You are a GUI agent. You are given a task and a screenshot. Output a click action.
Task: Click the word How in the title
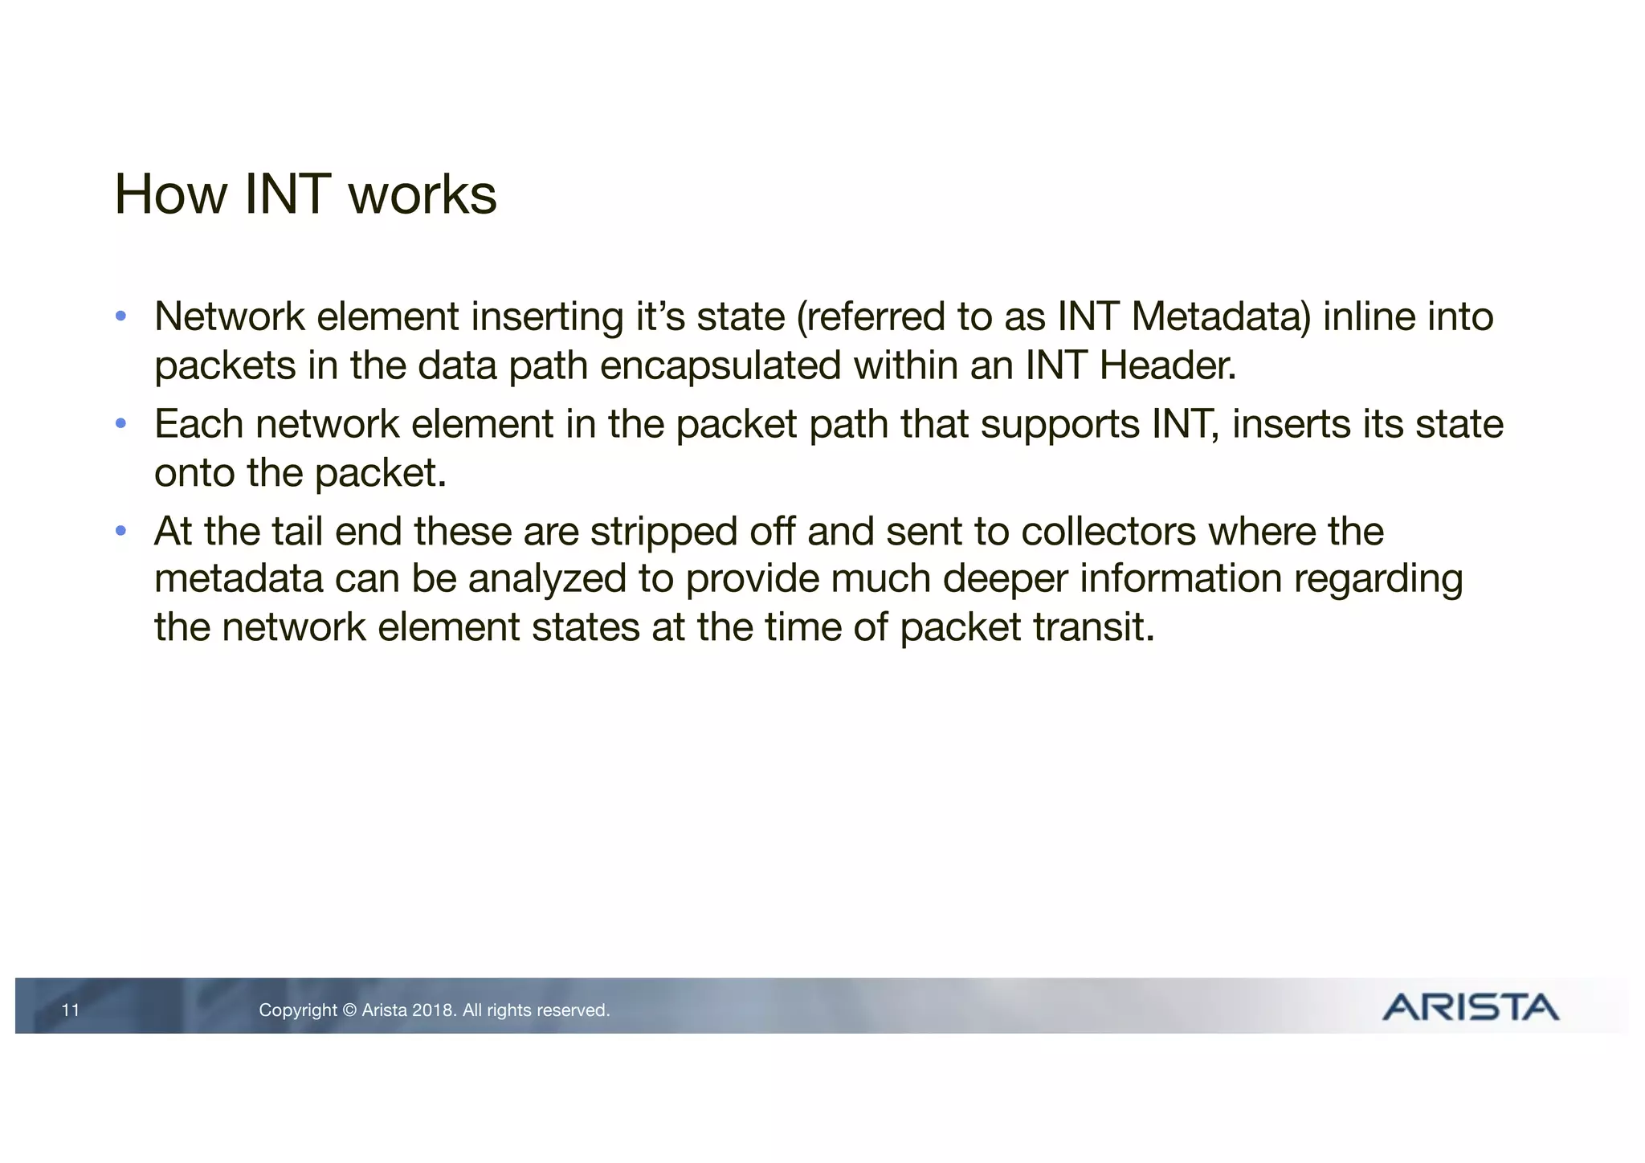pyautogui.click(x=171, y=194)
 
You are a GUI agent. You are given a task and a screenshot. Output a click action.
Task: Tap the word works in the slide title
pyautogui.click(x=422, y=194)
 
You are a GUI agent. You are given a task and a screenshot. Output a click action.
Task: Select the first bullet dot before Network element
pyautogui.click(x=120, y=316)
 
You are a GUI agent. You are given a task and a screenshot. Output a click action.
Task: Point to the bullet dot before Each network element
pyautogui.click(x=120, y=423)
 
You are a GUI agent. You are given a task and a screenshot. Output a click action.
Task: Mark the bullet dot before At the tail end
pyautogui.click(x=120, y=530)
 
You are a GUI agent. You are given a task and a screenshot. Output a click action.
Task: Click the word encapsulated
pyautogui.click(x=720, y=366)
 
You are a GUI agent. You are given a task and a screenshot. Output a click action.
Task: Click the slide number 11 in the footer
pyautogui.click(x=71, y=1010)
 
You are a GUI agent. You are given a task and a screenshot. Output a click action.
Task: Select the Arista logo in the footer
pyautogui.click(x=1470, y=1007)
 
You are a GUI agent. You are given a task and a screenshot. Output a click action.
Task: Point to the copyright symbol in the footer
pyautogui.click(x=349, y=1010)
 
